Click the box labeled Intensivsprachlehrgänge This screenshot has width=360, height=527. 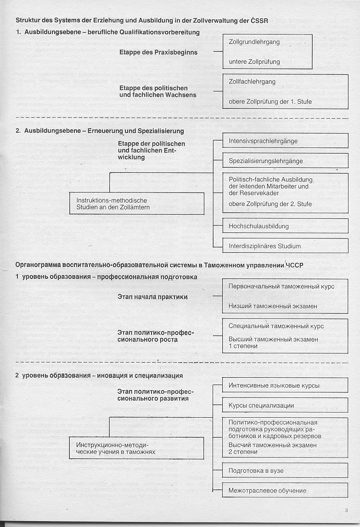(285, 141)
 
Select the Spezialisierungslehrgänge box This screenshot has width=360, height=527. (285, 161)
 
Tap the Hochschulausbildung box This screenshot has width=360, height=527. (285, 226)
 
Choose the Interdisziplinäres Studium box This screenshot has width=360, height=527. (285, 245)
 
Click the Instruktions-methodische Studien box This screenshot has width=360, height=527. (137, 204)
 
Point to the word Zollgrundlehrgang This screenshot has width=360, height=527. (254, 42)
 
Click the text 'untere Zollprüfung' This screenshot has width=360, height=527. (254, 62)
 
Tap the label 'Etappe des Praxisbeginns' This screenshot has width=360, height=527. (158, 52)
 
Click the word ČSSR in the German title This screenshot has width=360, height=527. (260, 20)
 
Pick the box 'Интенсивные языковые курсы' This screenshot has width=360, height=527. (285, 385)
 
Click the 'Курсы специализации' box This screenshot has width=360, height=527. (285, 406)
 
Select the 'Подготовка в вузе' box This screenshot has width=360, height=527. (285, 470)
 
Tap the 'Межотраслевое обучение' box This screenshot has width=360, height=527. (285, 490)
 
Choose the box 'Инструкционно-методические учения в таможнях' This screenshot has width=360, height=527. (137, 448)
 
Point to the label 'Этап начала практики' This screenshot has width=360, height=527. (153, 297)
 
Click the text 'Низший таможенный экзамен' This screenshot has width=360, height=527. (273, 306)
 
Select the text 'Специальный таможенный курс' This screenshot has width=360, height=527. (276, 326)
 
